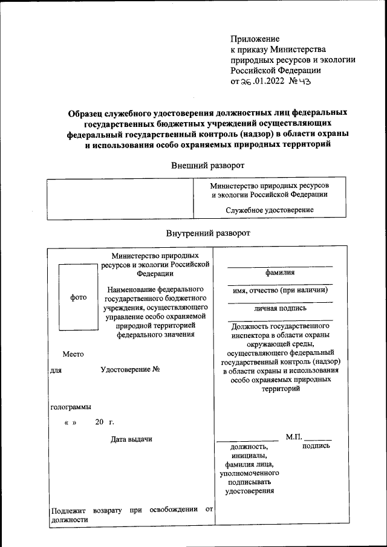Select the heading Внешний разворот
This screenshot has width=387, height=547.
207,165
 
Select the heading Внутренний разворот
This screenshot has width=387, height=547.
207,233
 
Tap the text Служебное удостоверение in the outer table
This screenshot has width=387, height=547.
269,210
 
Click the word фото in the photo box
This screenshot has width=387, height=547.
79,297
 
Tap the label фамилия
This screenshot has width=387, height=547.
280,273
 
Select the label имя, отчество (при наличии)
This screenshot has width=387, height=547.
280,290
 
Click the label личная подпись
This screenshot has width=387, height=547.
280,308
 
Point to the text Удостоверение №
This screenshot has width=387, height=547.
129,369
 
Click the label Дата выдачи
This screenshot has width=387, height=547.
131,439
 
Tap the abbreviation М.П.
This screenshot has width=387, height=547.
293,436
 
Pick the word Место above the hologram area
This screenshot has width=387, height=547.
73,354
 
